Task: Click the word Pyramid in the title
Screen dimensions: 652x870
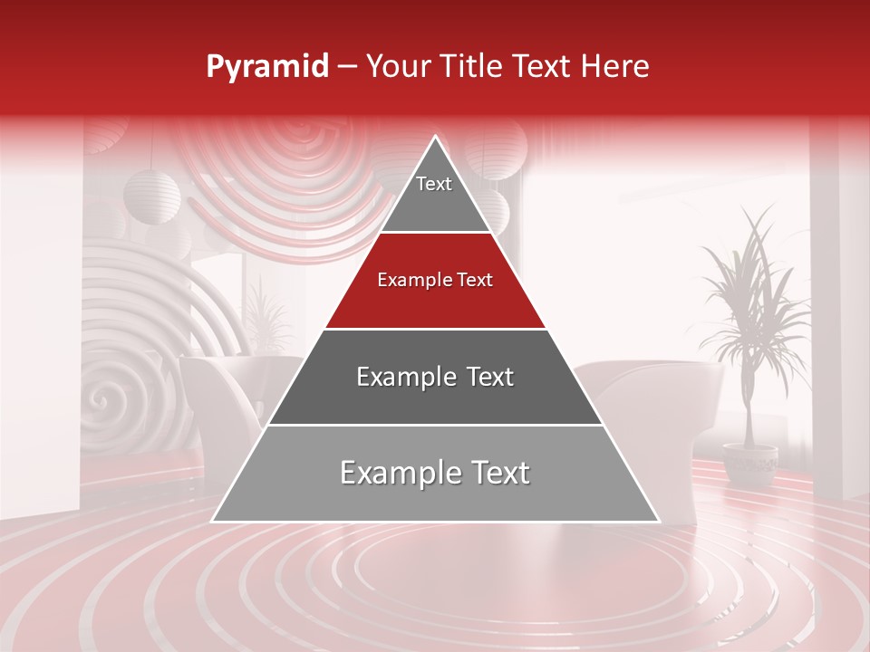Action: coord(267,67)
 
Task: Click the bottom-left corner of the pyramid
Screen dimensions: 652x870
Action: coord(214,521)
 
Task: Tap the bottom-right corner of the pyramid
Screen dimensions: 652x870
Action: coord(658,521)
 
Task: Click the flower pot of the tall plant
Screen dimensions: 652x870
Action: coord(750,463)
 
